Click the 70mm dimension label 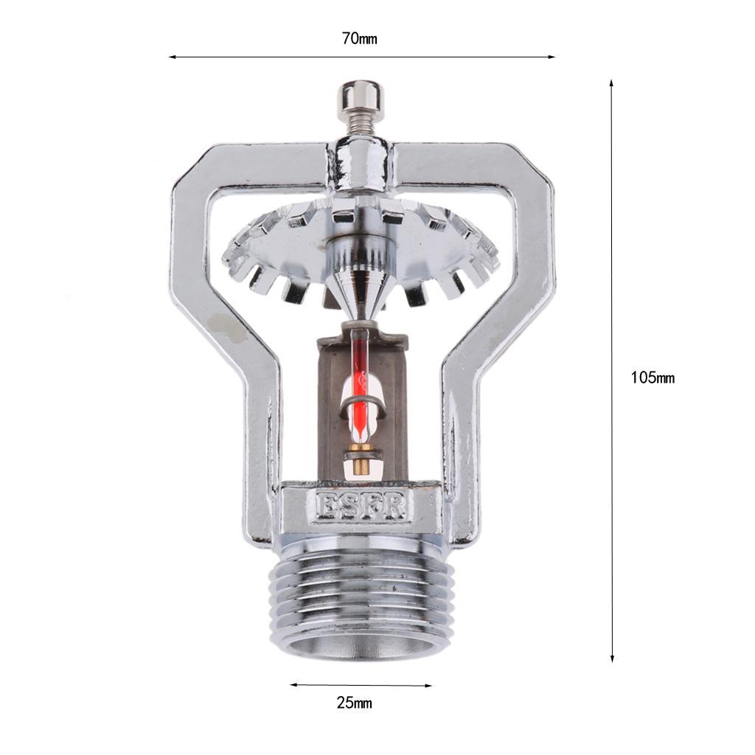(359, 38)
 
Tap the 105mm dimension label (653, 377)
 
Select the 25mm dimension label (355, 703)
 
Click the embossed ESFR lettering (361, 507)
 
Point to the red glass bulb (361, 385)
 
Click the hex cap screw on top (362, 98)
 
